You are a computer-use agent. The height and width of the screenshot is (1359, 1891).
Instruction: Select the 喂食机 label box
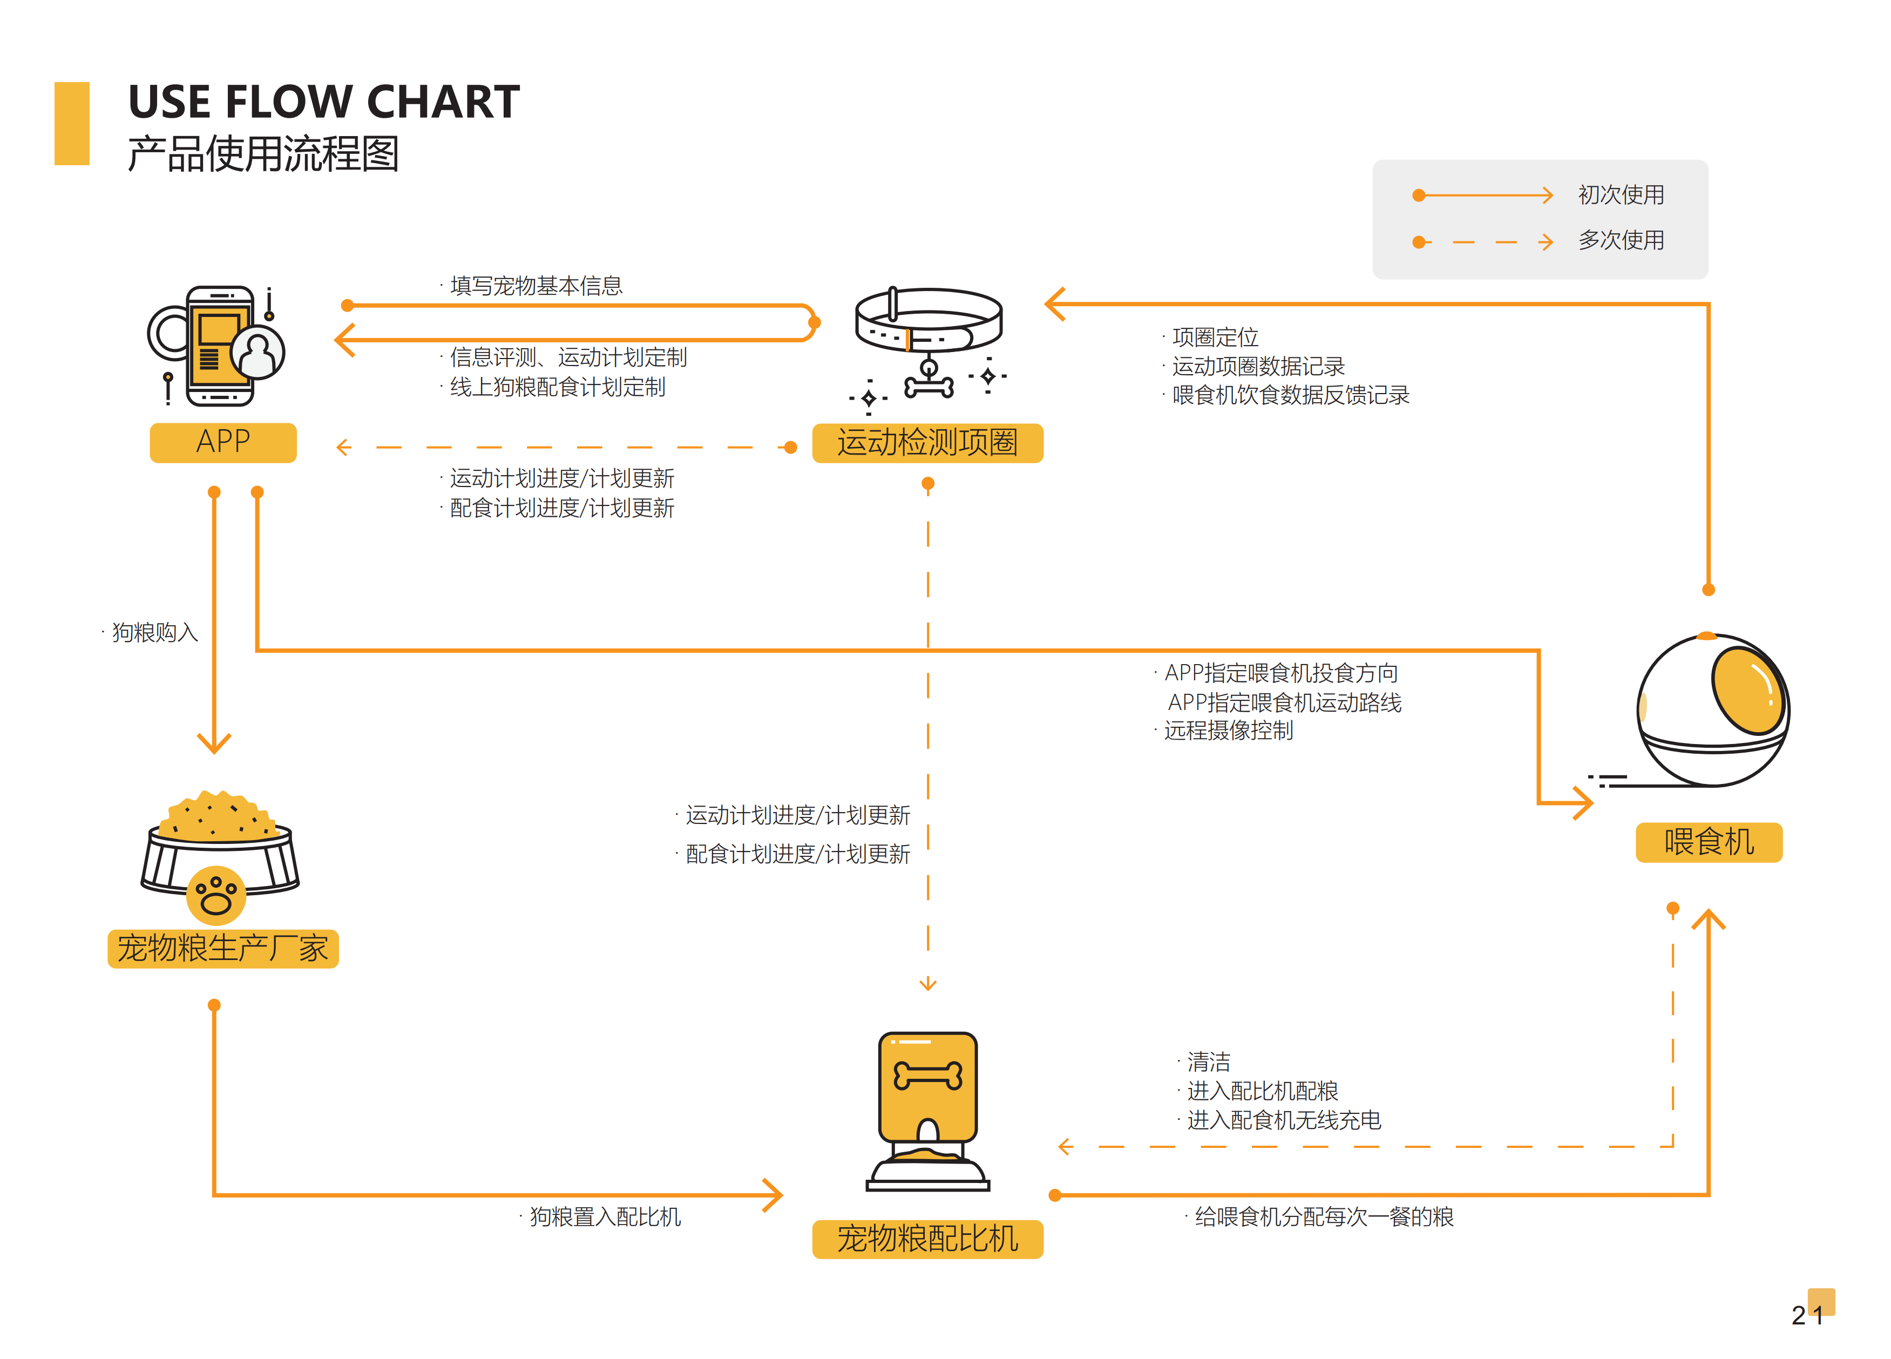(1709, 842)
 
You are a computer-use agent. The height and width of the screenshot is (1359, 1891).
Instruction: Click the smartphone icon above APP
(219, 346)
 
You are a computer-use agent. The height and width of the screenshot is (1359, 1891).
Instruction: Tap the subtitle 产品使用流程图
(263, 154)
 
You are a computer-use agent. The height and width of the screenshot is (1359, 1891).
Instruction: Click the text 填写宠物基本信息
(536, 286)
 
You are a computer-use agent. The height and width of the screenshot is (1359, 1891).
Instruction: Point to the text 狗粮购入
(155, 633)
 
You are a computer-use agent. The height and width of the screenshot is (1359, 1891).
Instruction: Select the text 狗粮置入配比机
(605, 1217)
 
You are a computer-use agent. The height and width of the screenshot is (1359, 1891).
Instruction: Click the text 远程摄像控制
(1228, 731)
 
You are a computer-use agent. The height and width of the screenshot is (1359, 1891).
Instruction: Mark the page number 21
(1808, 1315)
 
